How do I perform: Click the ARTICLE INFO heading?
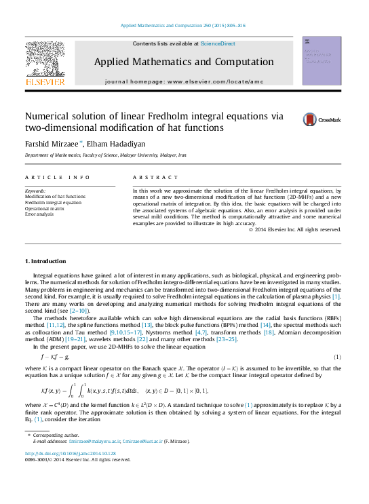(x=58, y=178)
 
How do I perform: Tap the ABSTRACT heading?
(x=153, y=178)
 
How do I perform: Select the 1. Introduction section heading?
(x=45, y=261)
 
